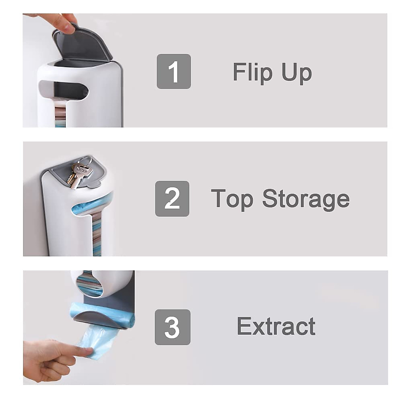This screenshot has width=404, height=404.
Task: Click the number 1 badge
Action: point(174,71)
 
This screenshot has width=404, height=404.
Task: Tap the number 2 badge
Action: point(172,199)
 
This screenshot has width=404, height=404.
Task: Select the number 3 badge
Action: point(172,327)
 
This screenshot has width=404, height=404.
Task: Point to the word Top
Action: point(232,199)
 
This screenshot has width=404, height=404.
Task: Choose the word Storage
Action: point(306,199)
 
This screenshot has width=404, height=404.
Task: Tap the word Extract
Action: point(276,326)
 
